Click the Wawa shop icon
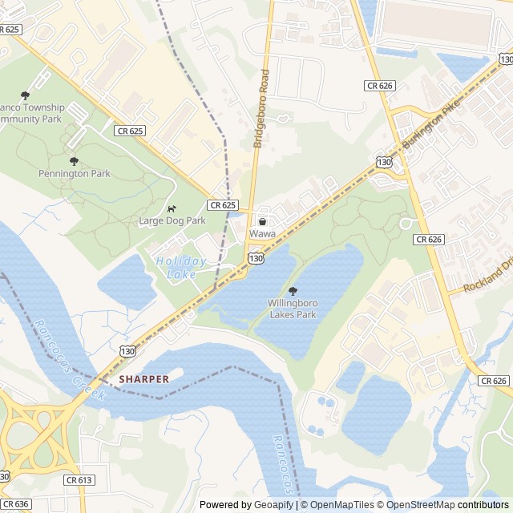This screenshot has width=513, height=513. click(x=262, y=221)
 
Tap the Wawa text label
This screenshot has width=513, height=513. click(x=262, y=233)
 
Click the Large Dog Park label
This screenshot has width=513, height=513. click(x=172, y=220)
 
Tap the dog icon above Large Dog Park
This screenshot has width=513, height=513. click(x=172, y=209)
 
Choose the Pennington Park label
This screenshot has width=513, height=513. click(x=75, y=173)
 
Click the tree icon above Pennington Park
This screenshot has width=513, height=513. click(x=75, y=161)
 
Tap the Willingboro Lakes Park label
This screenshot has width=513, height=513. click(x=292, y=309)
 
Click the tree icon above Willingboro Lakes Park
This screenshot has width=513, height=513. click(x=292, y=291)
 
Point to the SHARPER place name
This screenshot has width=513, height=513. click(x=144, y=379)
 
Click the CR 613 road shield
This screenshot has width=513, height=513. click(x=79, y=480)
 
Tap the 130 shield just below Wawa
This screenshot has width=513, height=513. click(x=256, y=258)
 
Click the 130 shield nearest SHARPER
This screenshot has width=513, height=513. click(x=128, y=351)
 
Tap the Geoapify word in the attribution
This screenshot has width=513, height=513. click(x=273, y=505)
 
